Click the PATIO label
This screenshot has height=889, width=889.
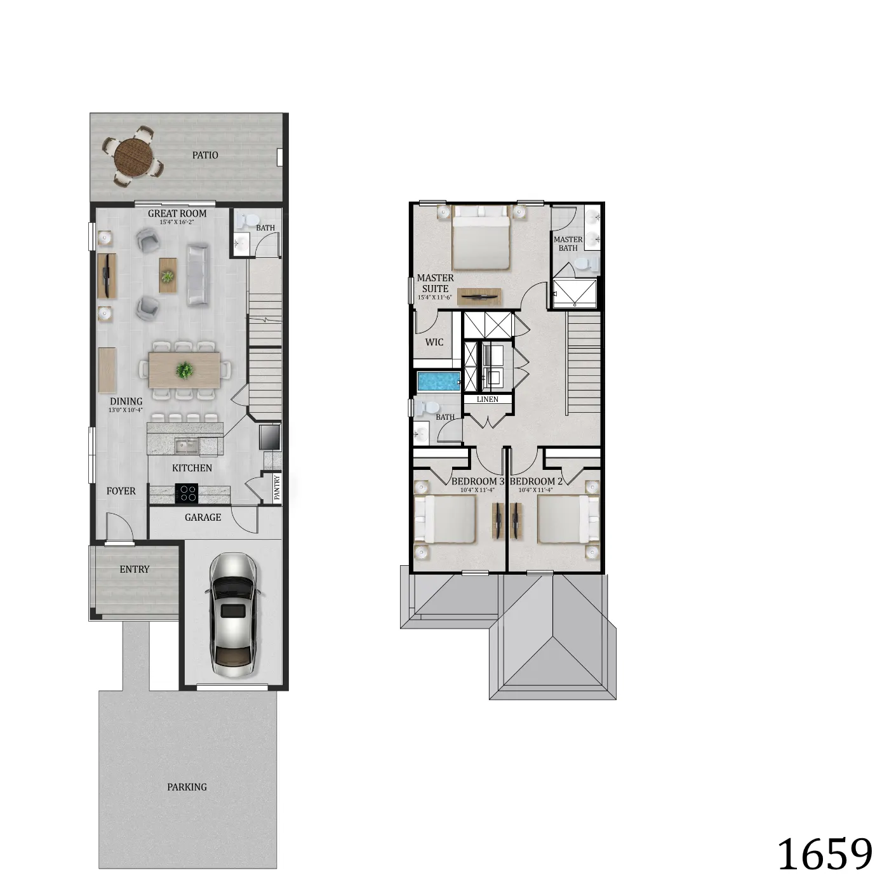(205, 155)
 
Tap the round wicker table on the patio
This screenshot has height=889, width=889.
(133, 156)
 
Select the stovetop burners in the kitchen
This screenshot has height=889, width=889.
(187, 493)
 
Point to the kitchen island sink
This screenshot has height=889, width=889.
(187, 446)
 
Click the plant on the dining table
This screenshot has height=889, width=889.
(185, 370)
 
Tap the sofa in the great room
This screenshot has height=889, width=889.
(197, 275)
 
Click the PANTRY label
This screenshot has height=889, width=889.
(277, 488)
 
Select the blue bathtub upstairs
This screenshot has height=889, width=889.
(439, 382)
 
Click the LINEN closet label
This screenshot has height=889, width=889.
(488, 399)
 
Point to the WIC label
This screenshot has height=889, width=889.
(434, 342)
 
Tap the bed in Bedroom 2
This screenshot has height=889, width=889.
(568, 519)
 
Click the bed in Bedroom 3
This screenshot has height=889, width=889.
(445, 519)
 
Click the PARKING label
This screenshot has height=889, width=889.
(187, 787)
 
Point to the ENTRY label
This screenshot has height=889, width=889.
(135, 570)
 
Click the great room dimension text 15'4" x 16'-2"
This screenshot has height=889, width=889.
(177, 222)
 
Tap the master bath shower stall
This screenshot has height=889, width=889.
(575, 293)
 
